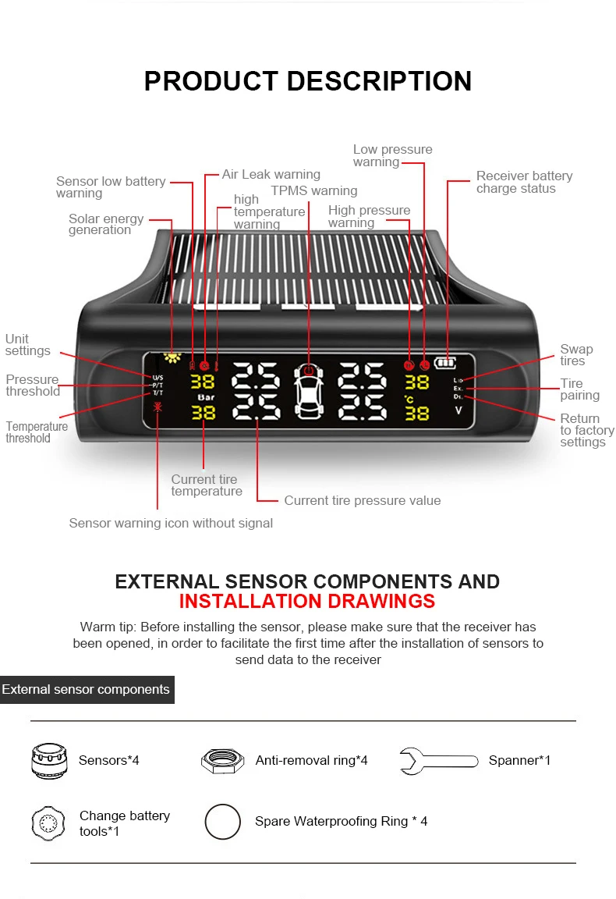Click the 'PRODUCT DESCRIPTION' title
point(308,81)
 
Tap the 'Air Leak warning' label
point(271,175)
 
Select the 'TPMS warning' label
point(313,190)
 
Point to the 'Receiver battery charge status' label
point(524,183)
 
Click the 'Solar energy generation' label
point(105,225)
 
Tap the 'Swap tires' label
point(576,355)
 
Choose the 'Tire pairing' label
point(579,389)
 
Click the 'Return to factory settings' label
point(586,430)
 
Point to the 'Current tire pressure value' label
point(362,501)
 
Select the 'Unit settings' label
point(27,345)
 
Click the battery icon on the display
point(445,363)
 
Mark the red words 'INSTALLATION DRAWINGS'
point(307,601)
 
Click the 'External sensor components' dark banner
point(86,690)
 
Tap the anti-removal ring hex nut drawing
point(222,760)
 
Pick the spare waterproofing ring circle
point(222,822)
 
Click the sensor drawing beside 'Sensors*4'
point(48,760)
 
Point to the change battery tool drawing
point(48,823)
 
